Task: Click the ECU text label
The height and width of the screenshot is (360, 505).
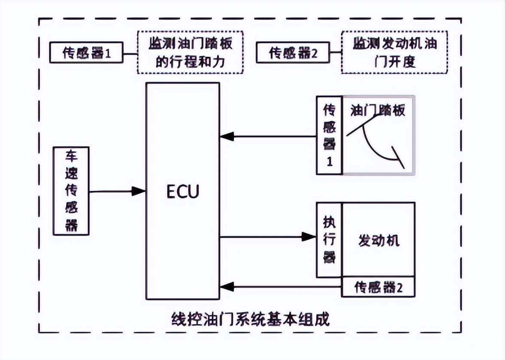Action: click(x=183, y=192)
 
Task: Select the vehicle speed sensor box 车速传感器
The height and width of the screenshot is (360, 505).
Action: click(x=71, y=191)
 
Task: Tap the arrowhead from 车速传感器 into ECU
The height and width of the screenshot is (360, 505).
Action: click(x=139, y=191)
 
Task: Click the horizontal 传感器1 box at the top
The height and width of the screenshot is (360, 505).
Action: click(x=87, y=53)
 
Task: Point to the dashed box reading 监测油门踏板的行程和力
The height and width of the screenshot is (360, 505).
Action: click(x=190, y=52)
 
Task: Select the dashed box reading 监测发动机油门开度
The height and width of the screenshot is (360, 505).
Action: click(x=394, y=52)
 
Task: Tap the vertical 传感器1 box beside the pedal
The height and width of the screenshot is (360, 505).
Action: click(x=329, y=135)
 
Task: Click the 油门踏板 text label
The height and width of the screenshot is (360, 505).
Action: click(x=378, y=110)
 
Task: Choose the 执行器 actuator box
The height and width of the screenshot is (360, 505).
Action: click(x=329, y=240)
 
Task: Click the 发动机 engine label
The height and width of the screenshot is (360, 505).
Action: click(x=378, y=240)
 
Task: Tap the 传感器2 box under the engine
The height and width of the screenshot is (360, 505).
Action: click(x=378, y=287)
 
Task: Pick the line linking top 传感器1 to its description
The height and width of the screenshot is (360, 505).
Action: click(x=131, y=53)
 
